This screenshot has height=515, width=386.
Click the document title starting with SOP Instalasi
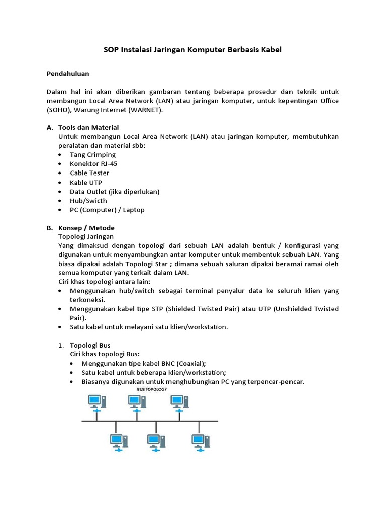[192, 50]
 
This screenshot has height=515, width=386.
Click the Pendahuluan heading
[68, 73]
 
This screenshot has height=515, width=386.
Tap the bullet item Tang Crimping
[92, 154]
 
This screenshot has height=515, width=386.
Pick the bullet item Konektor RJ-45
[94, 164]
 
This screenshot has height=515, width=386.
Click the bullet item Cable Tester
[89, 173]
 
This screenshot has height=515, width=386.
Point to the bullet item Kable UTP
[85, 182]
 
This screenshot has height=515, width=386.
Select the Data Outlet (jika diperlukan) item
[115, 192]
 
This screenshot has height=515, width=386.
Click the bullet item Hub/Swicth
[88, 201]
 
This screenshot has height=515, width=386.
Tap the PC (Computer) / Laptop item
[107, 210]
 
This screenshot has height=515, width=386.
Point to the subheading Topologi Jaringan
[86, 236]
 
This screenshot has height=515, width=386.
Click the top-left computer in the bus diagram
[96, 402]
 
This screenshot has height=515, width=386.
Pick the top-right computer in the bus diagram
[179, 402]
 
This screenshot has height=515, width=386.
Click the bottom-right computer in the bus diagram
[200, 441]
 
